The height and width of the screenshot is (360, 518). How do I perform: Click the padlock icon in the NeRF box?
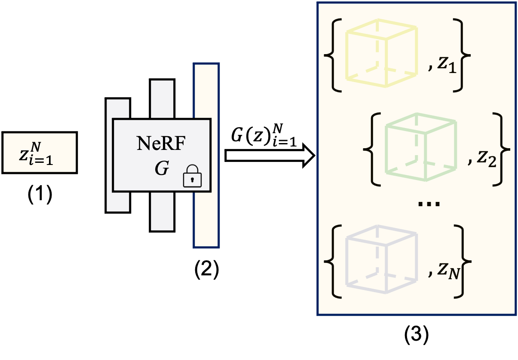(x=192, y=177)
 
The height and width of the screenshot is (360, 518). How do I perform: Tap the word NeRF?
(x=161, y=143)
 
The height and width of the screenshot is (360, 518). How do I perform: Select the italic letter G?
(x=162, y=169)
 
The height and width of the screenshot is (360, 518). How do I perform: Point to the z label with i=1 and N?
(x=36, y=153)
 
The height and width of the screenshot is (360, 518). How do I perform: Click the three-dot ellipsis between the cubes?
(x=429, y=204)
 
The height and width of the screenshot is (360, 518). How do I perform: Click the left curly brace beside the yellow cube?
(x=331, y=55)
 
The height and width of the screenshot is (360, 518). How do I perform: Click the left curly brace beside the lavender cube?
(x=331, y=261)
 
